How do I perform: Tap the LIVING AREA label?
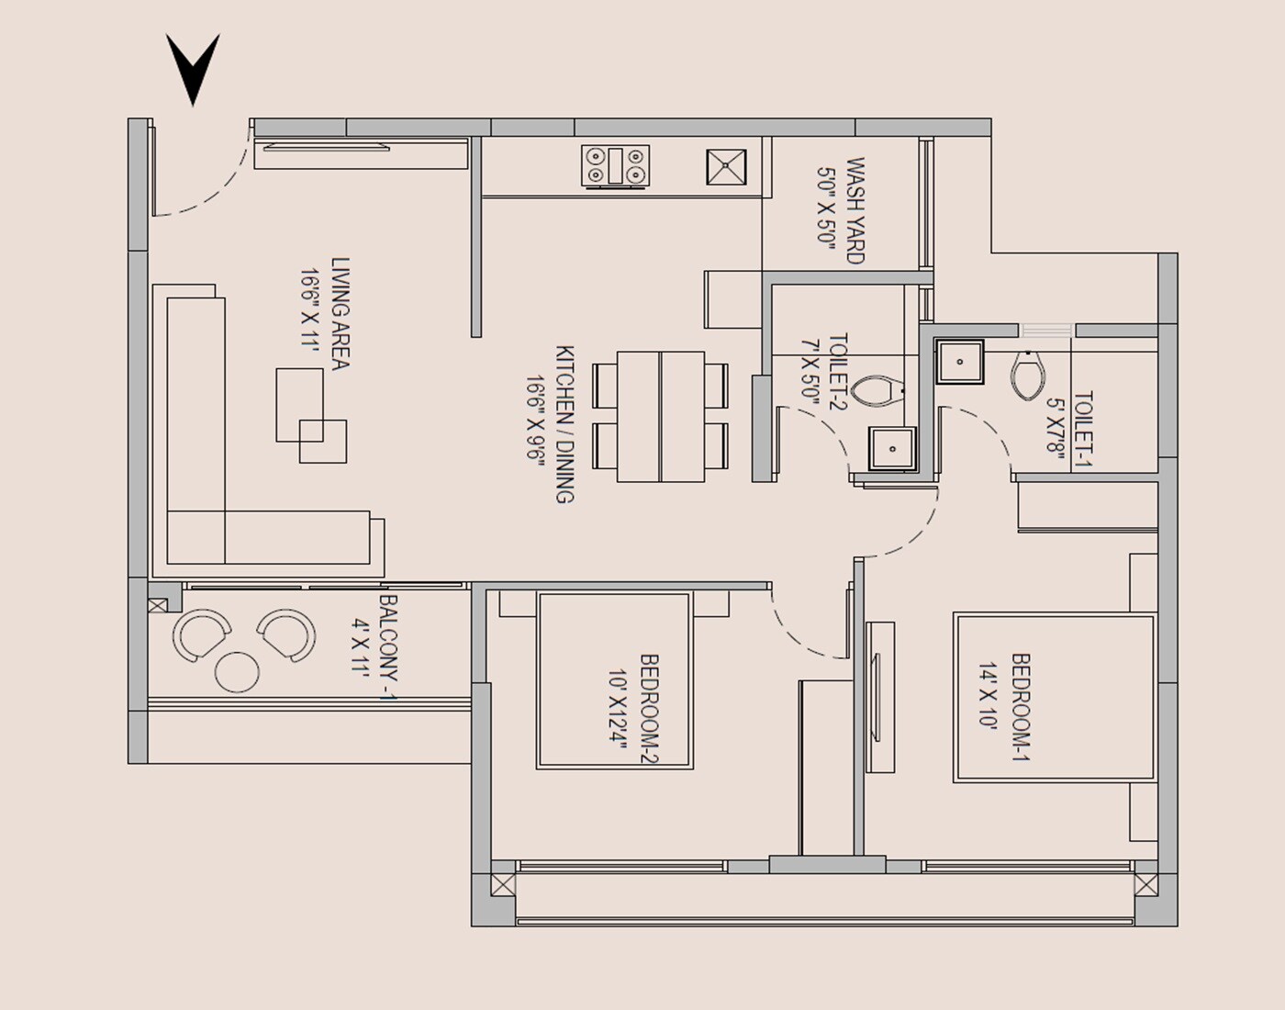(x=341, y=314)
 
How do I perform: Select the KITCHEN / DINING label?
(x=564, y=424)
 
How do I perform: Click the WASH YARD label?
(x=855, y=211)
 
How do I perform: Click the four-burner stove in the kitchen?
(x=615, y=166)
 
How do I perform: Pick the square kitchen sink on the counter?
(x=727, y=167)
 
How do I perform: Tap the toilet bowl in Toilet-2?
(x=877, y=390)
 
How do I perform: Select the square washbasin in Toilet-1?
(x=960, y=361)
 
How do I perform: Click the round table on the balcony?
(x=237, y=671)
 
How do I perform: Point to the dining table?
(x=661, y=416)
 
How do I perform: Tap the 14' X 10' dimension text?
(x=988, y=703)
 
